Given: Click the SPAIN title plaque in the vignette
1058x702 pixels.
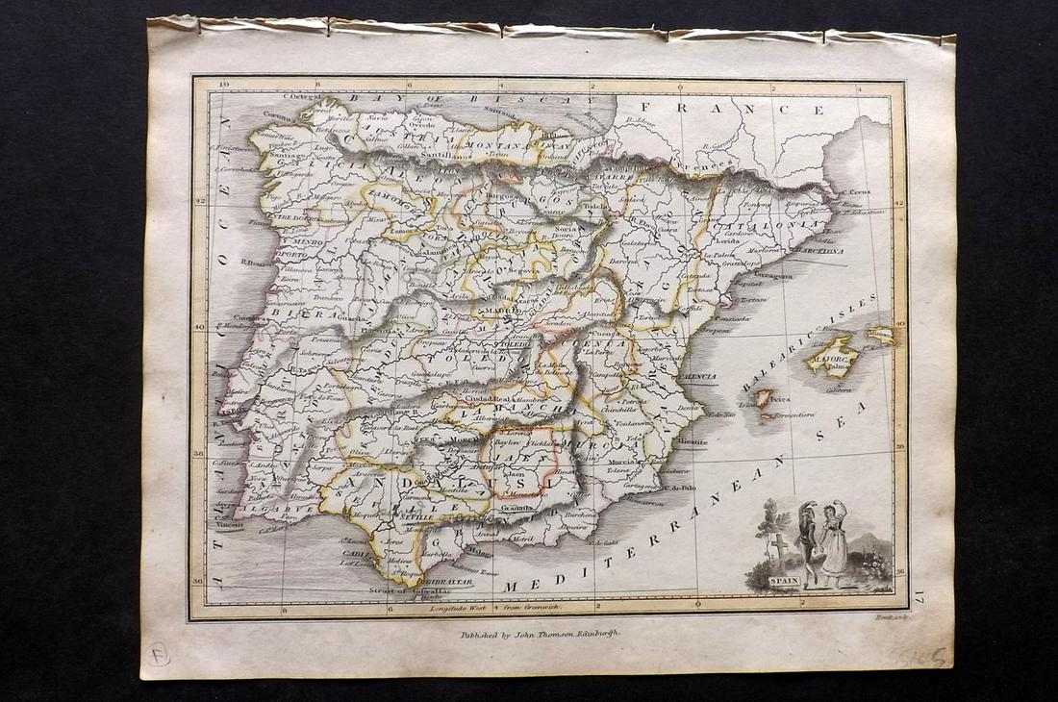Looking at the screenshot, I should (784, 581).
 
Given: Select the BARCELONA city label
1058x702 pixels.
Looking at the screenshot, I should (818, 249).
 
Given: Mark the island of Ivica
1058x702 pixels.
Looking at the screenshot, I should (763, 396).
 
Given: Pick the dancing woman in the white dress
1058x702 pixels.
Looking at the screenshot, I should (833, 543).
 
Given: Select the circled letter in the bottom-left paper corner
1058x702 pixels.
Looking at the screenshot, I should (159, 654).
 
